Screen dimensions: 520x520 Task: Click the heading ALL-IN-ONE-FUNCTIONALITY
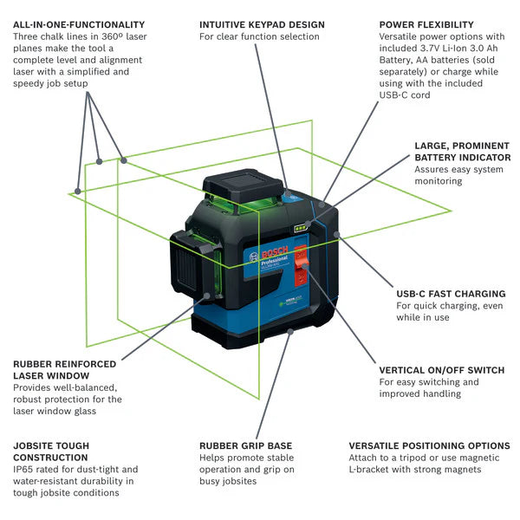(79, 25)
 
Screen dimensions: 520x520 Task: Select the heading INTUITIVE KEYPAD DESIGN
(262, 25)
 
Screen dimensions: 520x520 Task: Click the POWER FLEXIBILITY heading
(426, 25)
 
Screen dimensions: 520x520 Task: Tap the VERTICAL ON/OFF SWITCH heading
(442, 370)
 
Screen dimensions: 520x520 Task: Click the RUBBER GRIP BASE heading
(245, 445)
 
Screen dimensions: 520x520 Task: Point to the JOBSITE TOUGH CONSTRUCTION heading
(51, 452)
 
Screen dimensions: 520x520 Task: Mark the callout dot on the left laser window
(208, 296)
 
